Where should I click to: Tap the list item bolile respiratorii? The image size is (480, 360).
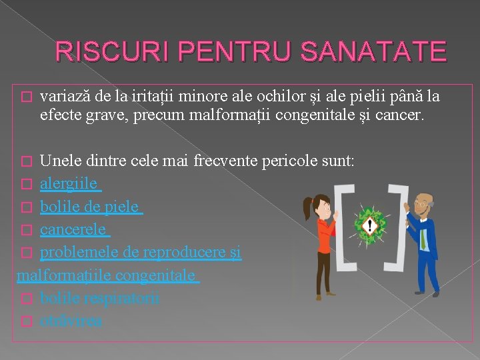[x=99, y=299]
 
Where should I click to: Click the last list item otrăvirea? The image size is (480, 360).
[x=71, y=321]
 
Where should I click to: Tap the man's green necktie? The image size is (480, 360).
[x=422, y=238]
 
